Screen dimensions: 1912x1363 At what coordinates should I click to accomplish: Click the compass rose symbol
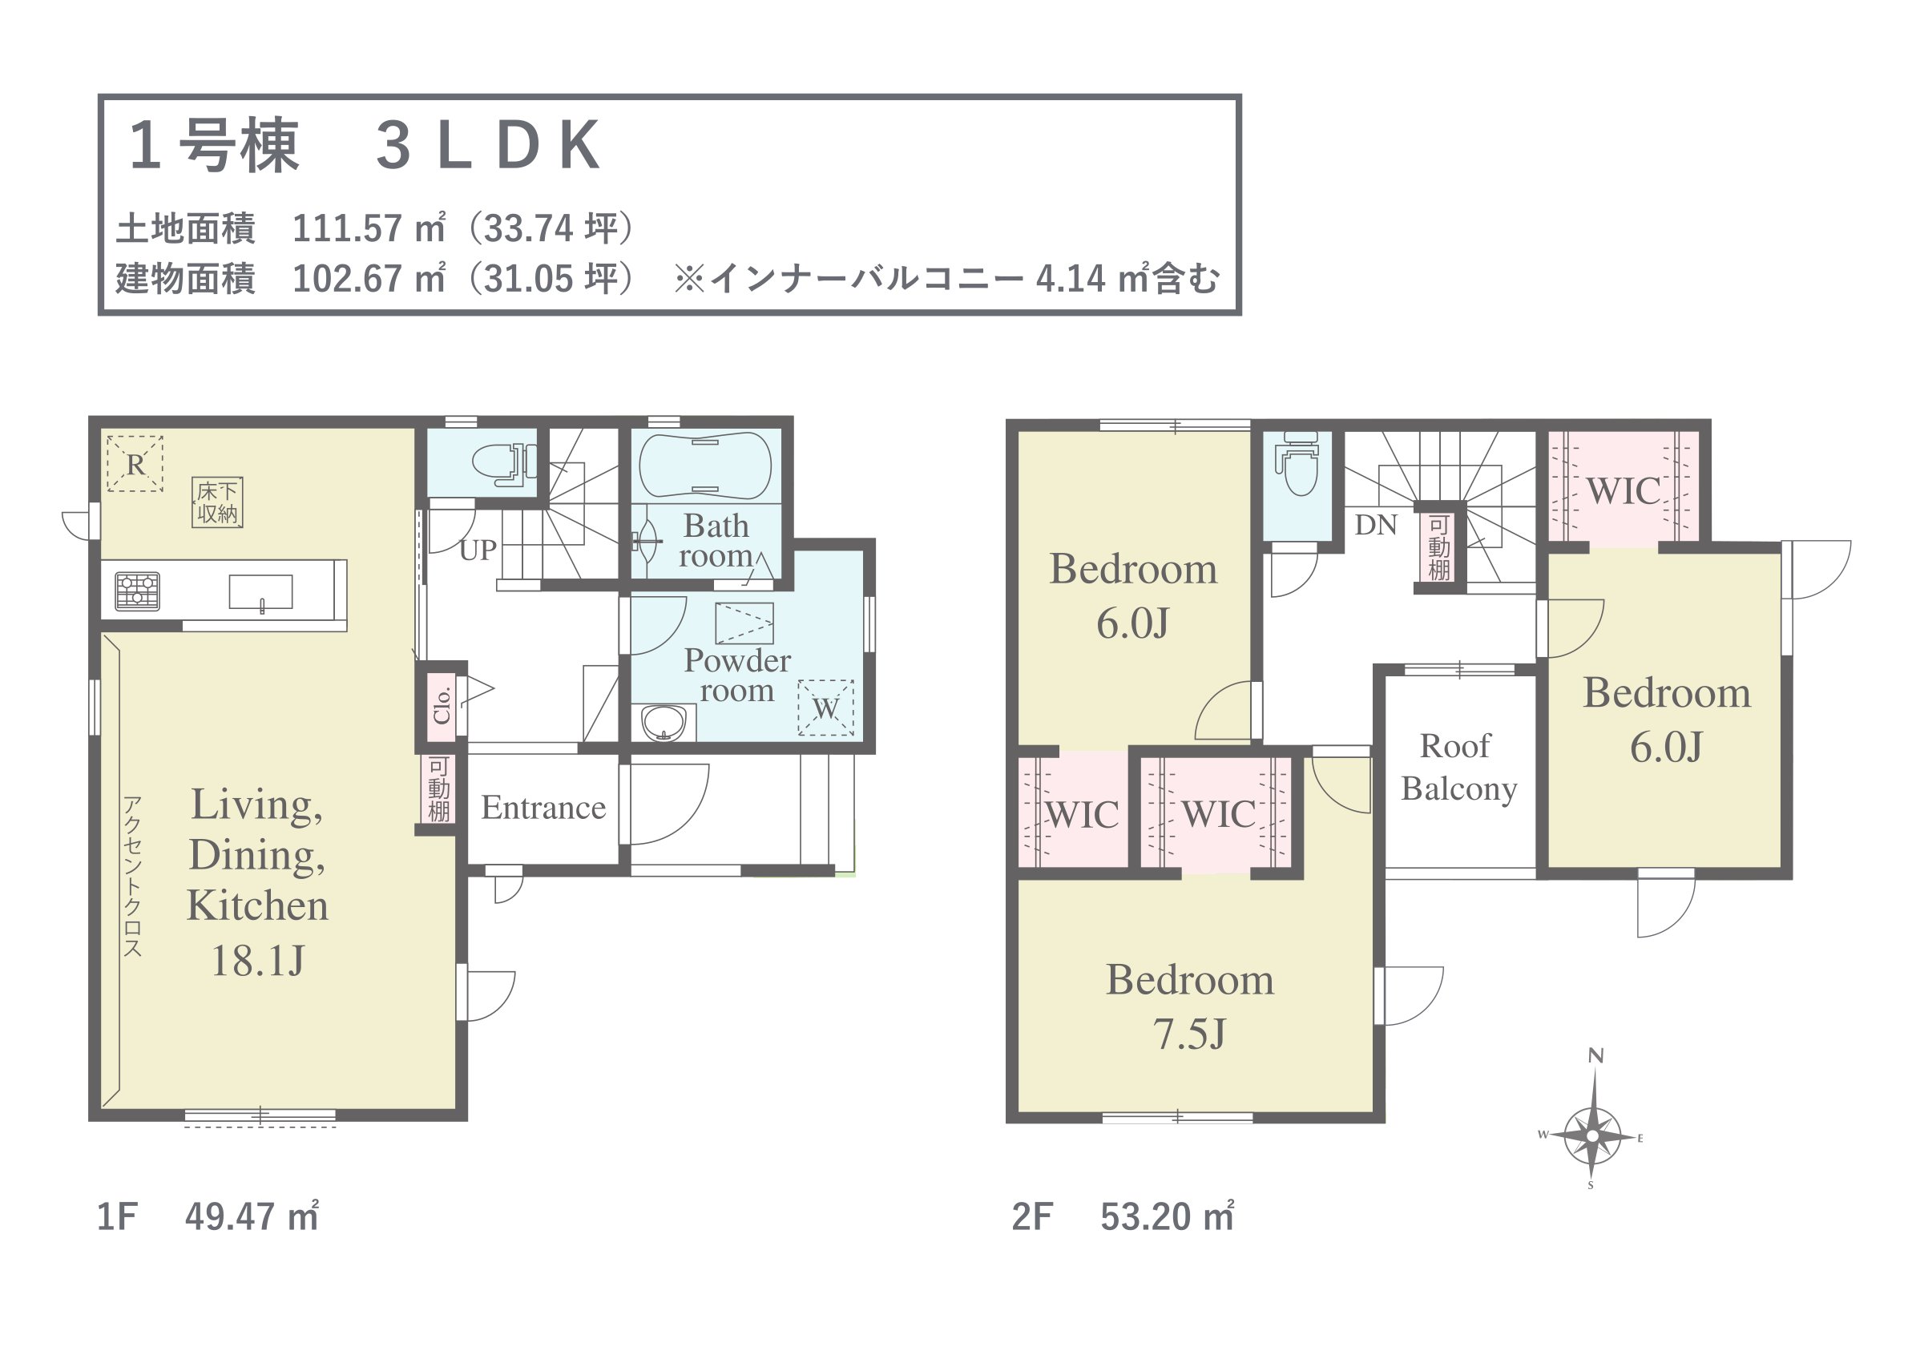(1592, 1135)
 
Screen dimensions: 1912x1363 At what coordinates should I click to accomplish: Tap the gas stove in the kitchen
(137, 590)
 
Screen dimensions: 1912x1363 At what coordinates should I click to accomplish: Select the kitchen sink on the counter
(261, 591)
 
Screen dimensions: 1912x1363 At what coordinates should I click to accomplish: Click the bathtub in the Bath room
(705, 466)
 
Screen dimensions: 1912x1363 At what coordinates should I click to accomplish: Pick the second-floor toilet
(1297, 463)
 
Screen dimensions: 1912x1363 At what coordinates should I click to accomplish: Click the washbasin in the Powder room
(663, 723)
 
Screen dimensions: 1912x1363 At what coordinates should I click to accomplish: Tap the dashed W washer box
(825, 708)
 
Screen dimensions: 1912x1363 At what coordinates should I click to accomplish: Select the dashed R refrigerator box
(135, 463)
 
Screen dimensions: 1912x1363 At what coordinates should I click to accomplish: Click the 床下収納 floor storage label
(217, 502)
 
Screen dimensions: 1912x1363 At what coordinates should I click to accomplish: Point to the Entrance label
(543, 808)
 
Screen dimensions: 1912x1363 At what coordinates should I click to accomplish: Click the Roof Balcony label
(1458, 767)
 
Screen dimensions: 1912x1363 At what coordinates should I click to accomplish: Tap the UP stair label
(478, 550)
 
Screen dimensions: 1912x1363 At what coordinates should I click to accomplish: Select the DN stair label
(1376, 526)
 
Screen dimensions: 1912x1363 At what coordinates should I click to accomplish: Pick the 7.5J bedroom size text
(1189, 1034)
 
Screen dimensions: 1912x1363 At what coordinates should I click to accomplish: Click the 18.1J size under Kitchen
(257, 961)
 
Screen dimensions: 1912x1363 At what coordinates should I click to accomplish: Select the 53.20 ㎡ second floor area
(1168, 1217)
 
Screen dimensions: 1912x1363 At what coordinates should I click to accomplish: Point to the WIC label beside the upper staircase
(1624, 491)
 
